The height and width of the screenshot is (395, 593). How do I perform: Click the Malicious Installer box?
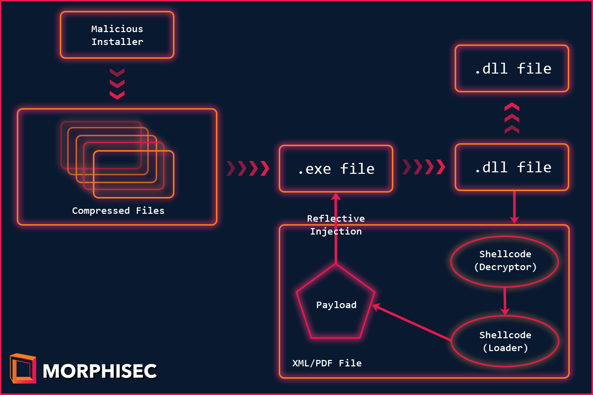click(117, 35)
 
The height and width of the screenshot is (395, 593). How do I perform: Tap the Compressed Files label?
click(118, 211)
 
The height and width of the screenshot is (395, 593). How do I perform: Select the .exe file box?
click(336, 168)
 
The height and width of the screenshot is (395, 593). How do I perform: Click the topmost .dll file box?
click(512, 69)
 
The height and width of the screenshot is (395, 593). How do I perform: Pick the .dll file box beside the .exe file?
click(512, 167)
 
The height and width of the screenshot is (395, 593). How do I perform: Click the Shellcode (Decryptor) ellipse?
click(505, 261)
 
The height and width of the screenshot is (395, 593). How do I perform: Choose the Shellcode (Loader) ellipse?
click(505, 342)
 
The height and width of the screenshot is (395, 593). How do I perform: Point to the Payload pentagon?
click(336, 305)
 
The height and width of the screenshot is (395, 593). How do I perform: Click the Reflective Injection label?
click(336, 225)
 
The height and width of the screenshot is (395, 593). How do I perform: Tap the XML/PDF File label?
click(327, 363)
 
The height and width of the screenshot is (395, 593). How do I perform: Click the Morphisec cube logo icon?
click(23, 368)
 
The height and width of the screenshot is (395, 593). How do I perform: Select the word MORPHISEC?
click(100, 371)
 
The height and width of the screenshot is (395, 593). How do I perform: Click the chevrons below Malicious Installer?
click(117, 83)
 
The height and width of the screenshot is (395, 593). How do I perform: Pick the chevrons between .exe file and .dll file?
click(424, 167)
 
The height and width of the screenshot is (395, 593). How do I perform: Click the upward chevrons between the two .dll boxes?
click(512, 118)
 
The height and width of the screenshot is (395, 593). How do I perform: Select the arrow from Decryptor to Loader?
click(505, 301)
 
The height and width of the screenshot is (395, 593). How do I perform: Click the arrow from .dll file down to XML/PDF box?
click(514, 207)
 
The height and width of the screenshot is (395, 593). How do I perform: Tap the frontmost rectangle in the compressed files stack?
click(133, 174)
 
